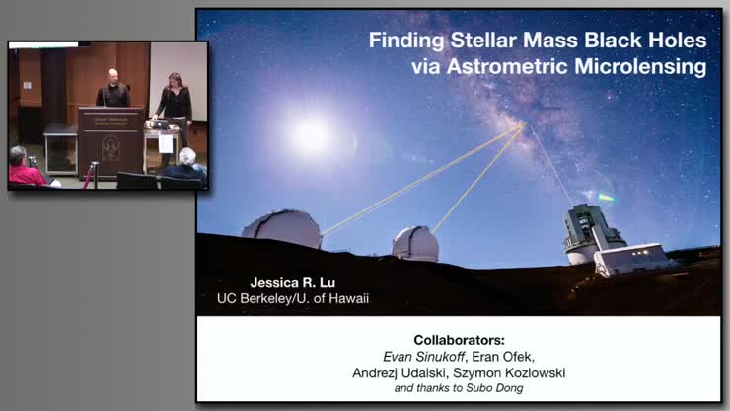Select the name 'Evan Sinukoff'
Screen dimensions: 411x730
point(416,356)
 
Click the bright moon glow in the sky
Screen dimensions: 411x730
point(313,136)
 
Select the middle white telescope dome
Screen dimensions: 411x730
point(415,242)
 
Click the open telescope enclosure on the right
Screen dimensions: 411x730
point(592,232)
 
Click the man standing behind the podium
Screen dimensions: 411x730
point(114,91)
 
